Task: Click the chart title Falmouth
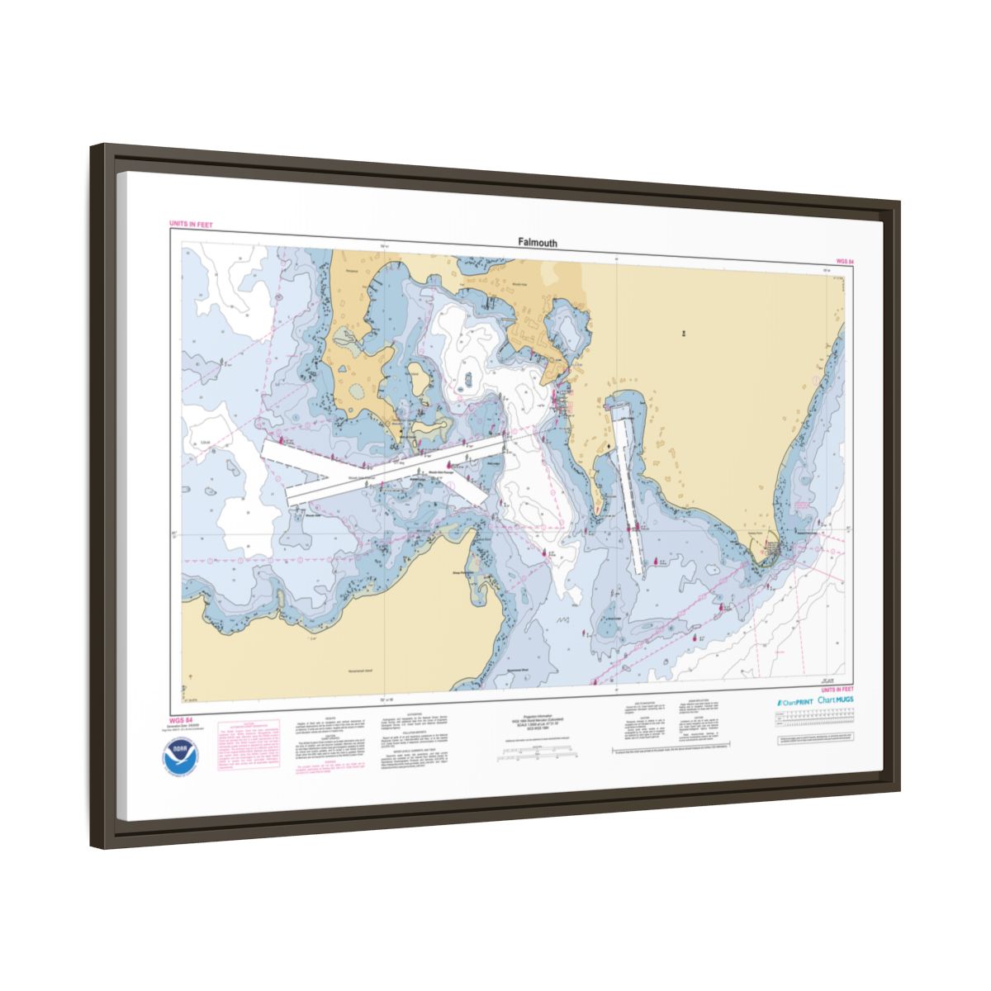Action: [x=538, y=243]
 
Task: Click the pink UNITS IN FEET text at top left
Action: [x=191, y=224]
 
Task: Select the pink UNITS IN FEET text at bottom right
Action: [x=837, y=689]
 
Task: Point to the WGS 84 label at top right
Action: [x=844, y=261]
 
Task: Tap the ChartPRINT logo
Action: [x=794, y=701]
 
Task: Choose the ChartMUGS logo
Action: [x=837, y=699]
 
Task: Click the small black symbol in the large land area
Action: [x=684, y=333]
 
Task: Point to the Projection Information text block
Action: [x=543, y=724]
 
